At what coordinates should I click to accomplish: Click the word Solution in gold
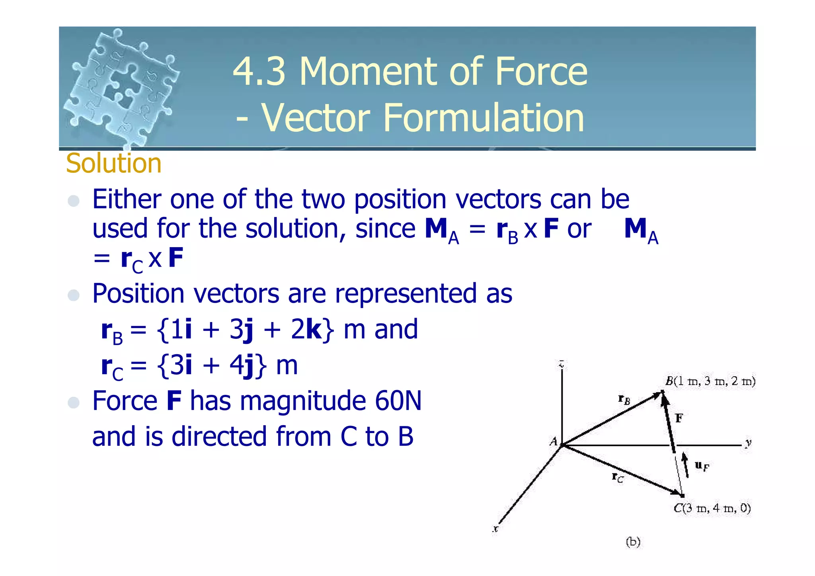pyautogui.click(x=113, y=164)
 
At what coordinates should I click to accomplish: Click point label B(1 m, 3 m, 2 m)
pyautogui.click(x=710, y=381)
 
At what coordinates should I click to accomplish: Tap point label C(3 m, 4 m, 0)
pyautogui.click(x=712, y=508)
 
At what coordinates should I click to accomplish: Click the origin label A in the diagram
pyautogui.click(x=554, y=441)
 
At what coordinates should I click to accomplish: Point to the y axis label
pyautogui.click(x=749, y=443)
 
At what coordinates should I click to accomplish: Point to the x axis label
pyautogui.click(x=495, y=529)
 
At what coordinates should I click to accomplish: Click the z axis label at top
pyautogui.click(x=562, y=364)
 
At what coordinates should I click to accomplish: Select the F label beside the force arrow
pyautogui.click(x=679, y=418)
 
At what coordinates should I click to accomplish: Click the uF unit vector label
pyautogui.click(x=702, y=466)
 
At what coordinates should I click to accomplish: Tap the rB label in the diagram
pyautogui.click(x=624, y=399)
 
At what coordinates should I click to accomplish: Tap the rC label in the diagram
pyautogui.click(x=618, y=477)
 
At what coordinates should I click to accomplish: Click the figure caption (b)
pyautogui.click(x=633, y=542)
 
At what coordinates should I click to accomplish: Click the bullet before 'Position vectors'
pyautogui.click(x=74, y=295)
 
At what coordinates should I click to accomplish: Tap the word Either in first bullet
pyautogui.click(x=127, y=199)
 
